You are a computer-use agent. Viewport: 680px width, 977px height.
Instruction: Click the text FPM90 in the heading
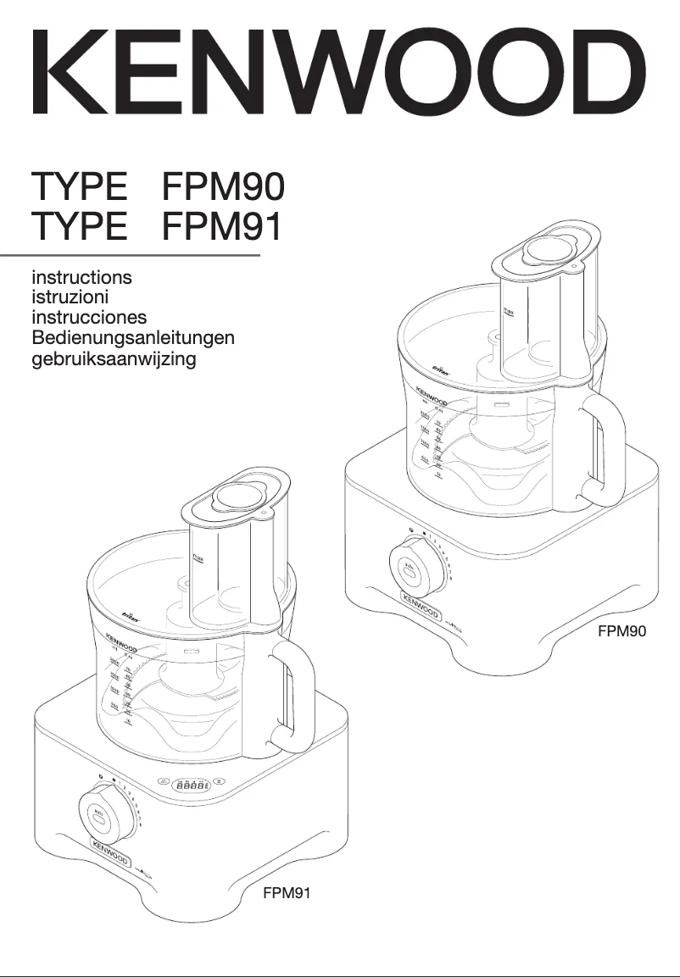coord(222,186)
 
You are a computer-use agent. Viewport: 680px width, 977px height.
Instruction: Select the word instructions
coord(81,277)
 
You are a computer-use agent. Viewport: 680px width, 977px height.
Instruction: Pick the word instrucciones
coord(89,318)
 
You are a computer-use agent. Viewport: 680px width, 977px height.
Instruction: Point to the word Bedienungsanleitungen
coord(133,338)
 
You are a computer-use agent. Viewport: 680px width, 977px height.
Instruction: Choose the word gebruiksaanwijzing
coord(114,359)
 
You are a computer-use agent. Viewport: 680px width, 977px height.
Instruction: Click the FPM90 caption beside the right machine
coord(621,630)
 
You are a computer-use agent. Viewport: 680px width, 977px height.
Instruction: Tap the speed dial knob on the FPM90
coord(413,570)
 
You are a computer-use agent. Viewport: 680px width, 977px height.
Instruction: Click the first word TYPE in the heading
coord(80,186)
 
